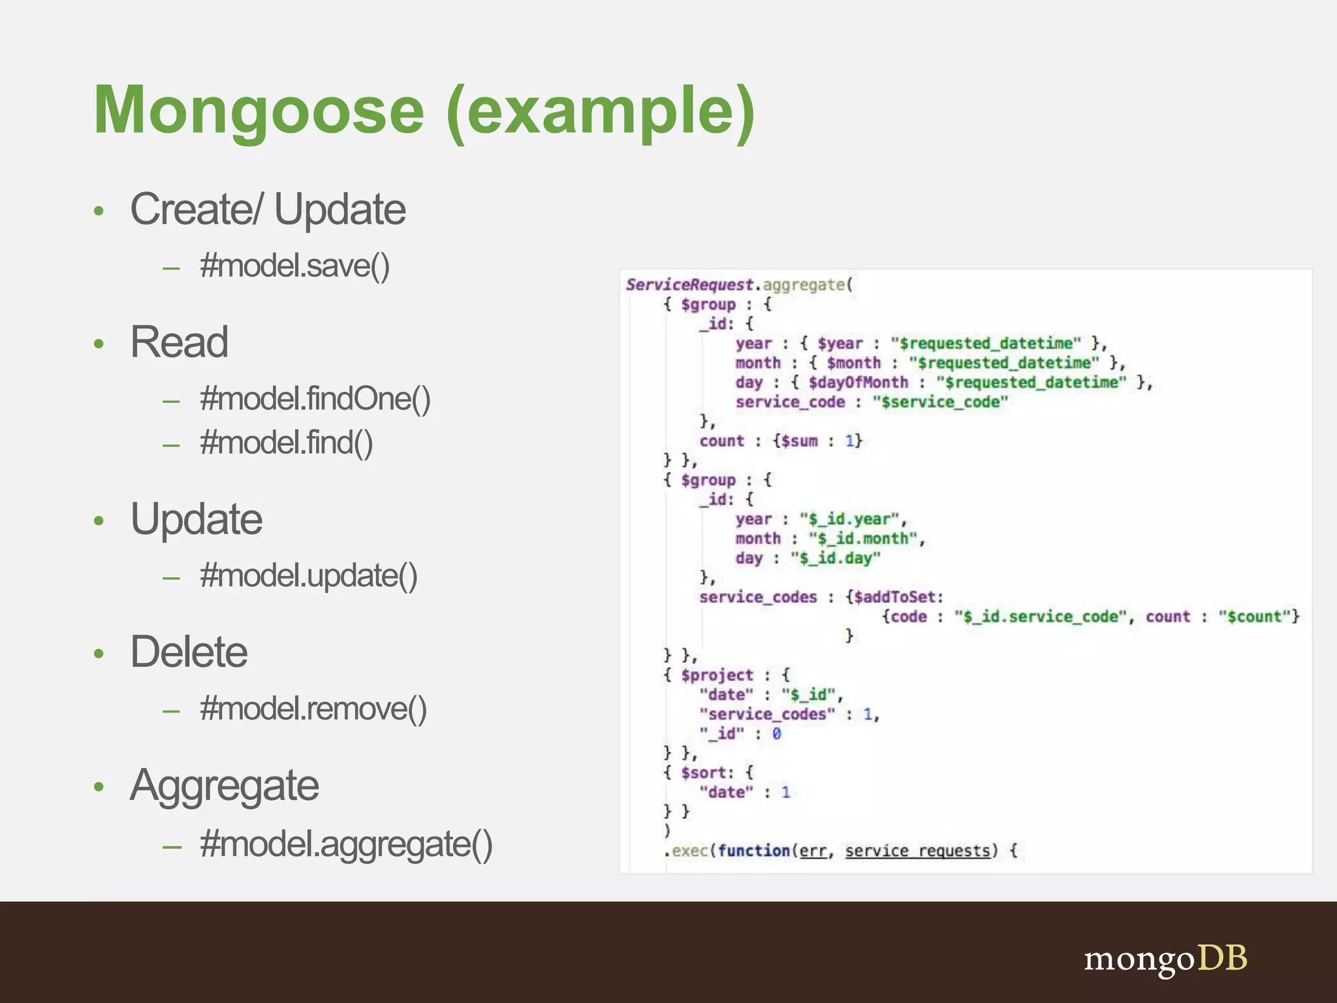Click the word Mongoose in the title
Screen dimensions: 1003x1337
tap(259, 111)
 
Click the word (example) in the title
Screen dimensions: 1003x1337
tap(601, 111)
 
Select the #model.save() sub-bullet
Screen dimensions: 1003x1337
tap(294, 266)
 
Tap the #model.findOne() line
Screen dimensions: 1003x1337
tap(315, 399)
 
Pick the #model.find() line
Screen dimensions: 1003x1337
tap(286, 443)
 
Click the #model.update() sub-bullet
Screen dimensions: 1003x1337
tap(308, 576)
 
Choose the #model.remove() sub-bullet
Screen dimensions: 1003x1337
tap(313, 708)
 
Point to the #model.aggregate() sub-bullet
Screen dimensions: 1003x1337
tap(346, 844)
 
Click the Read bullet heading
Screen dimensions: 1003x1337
tap(179, 342)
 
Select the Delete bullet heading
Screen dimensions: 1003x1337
tap(189, 652)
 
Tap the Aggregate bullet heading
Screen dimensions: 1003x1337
tap(224, 785)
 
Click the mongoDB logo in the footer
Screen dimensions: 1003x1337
tap(1165, 959)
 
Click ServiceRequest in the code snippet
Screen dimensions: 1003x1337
tap(689, 285)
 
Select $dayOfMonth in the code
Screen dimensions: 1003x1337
tap(858, 382)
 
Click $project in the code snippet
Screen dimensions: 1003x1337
tap(717, 675)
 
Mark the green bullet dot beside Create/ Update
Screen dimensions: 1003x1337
tap(99, 211)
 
